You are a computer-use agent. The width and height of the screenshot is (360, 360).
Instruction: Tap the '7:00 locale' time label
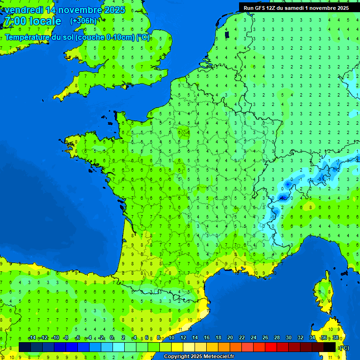32,21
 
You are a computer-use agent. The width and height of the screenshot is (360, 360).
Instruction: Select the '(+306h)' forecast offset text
83,21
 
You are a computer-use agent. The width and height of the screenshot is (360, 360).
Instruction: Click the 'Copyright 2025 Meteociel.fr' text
199,357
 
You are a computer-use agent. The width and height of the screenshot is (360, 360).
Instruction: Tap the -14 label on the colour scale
32,338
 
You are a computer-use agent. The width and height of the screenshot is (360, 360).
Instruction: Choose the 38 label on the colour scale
335,338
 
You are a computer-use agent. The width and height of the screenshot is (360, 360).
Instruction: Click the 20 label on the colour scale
230,338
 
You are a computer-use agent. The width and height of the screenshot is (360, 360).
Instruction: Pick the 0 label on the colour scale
112,338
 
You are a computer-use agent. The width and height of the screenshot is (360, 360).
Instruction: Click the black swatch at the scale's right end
330,347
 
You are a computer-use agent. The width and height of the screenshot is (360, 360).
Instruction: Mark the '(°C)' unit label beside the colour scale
344,348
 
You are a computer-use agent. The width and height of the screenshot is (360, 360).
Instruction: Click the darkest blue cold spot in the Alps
283,197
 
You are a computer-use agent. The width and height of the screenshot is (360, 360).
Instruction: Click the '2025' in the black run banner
341,8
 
